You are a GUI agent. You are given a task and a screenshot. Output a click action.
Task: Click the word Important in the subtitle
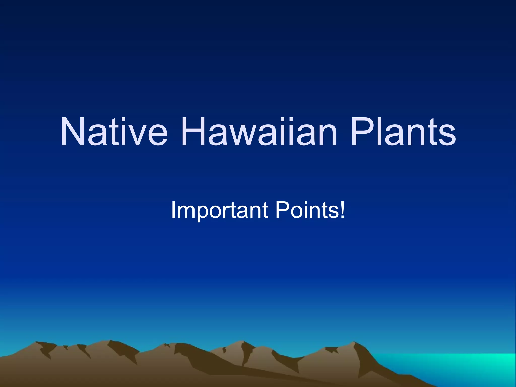[219, 210]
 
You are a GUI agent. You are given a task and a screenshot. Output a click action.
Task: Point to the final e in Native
[157, 136]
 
